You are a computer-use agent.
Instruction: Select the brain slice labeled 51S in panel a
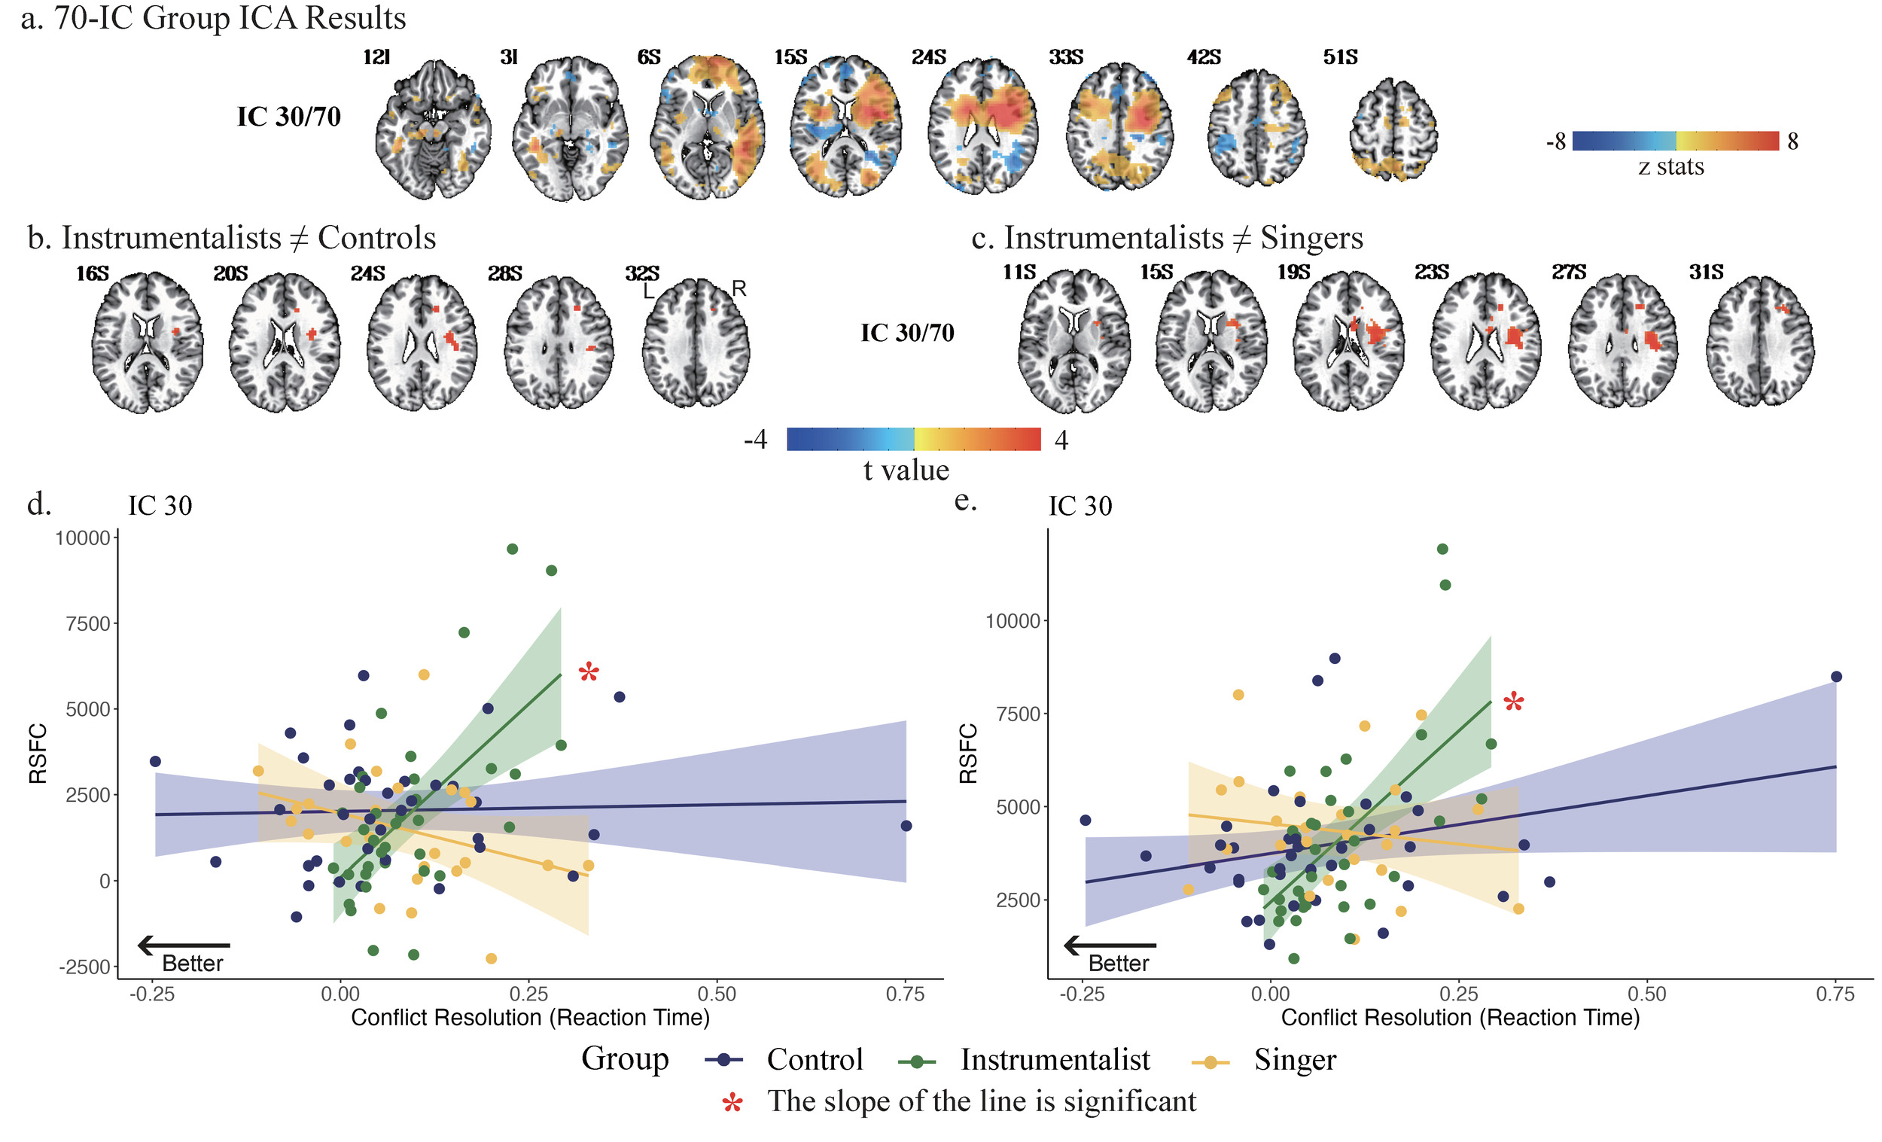(1393, 130)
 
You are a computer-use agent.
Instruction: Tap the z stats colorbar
(1675, 142)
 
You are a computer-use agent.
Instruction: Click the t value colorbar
(913, 439)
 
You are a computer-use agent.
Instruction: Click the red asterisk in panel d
(589, 673)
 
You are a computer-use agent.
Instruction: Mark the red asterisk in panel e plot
(1513, 702)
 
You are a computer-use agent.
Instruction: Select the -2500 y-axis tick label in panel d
(85, 967)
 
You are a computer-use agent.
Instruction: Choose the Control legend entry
(815, 1059)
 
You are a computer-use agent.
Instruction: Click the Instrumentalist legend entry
(1054, 1059)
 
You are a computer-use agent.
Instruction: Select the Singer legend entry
(1294, 1059)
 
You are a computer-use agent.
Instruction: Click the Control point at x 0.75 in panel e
(1836, 677)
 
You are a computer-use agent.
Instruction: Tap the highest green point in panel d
(513, 550)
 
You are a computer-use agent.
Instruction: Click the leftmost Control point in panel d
(155, 762)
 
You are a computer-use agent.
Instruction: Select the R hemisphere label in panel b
(738, 289)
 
